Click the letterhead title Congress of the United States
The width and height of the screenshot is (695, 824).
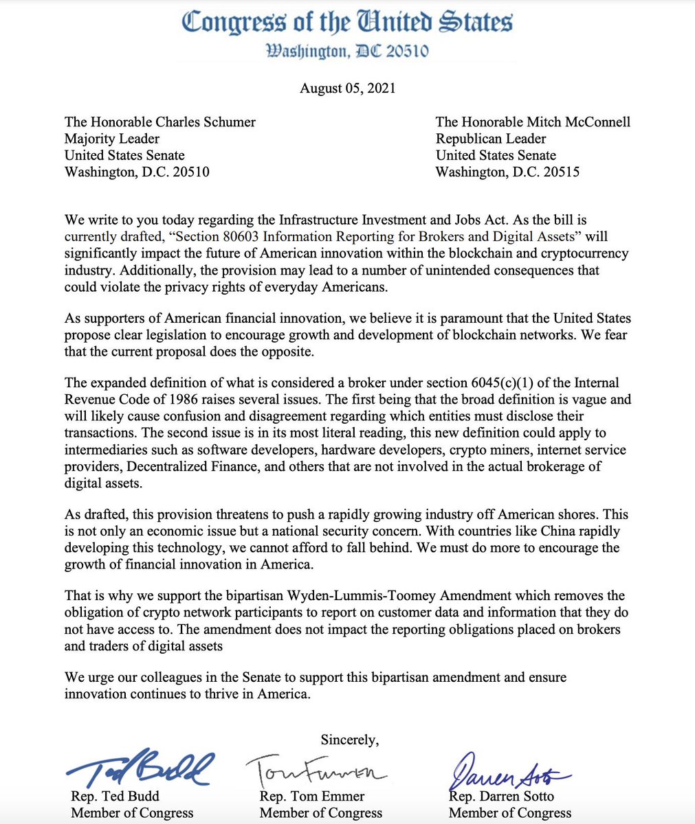click(347, 23)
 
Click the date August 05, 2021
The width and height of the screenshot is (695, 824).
click(347, 88)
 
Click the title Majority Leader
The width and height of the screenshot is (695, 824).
click(112, 139)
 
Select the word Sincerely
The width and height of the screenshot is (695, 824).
click(349, 740)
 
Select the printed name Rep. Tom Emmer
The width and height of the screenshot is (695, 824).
click(312, 797)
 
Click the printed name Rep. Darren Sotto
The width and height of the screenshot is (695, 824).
click(501, 797)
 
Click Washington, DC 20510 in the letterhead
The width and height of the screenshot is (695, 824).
click(347, 51)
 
